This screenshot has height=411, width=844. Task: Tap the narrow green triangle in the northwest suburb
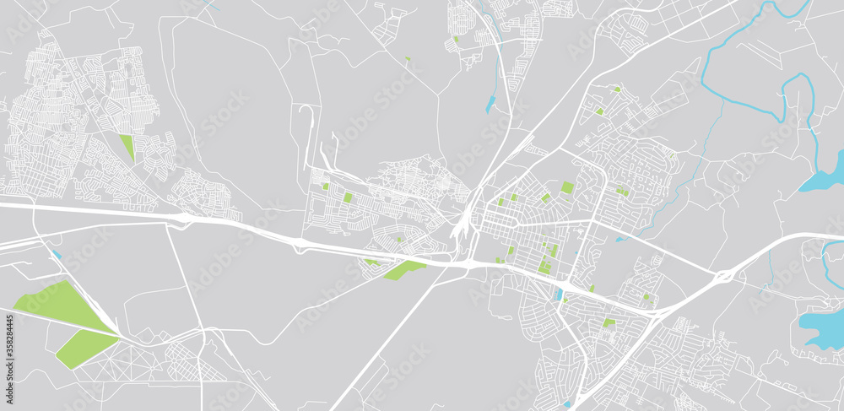(127, 147)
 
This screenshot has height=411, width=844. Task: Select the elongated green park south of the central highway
(403, 270)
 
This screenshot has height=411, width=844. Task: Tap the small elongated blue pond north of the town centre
(491, 105)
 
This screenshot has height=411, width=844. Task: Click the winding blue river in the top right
(743, 51)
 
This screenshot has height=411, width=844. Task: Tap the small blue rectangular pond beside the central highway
(558, 295)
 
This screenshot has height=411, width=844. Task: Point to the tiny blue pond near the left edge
(57, 254)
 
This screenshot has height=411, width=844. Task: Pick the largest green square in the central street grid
(567, 187)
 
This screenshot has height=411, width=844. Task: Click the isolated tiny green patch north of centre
(407, 59)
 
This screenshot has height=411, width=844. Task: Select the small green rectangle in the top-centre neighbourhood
(456, 39)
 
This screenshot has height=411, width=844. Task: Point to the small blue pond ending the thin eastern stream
(620, 239)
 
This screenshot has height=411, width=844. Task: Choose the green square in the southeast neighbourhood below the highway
(609, 322)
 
